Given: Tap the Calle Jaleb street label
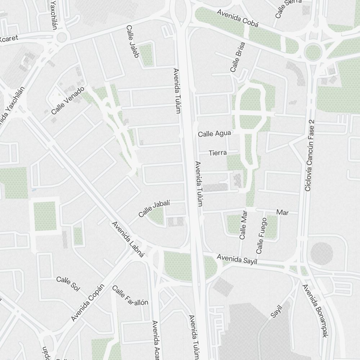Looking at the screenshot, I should [133, 41].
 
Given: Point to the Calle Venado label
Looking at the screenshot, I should [69, 100].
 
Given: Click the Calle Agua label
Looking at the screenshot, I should [215, 134].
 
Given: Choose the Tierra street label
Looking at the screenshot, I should [217, 153].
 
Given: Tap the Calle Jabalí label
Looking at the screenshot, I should [154, 209].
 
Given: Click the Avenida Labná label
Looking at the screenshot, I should [128, 240].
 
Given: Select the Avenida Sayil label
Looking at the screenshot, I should [237, 259].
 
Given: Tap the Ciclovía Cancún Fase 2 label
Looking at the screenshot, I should [310, 156].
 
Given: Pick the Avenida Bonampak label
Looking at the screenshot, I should [315, 311].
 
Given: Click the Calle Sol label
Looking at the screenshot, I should [68, 283].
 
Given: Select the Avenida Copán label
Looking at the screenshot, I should [87, 302].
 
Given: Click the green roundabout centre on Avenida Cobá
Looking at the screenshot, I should [312, 51].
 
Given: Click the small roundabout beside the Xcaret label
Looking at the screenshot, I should [62, 37].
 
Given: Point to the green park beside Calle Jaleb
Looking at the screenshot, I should [146, 55].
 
